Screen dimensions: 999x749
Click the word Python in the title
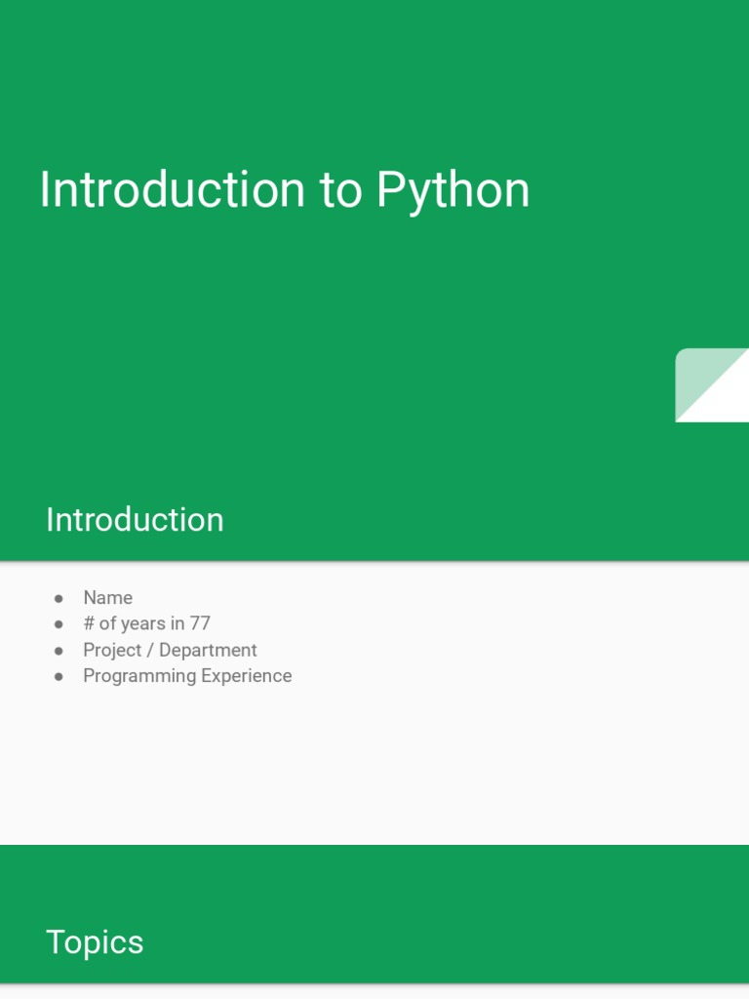click(x=453, y=191)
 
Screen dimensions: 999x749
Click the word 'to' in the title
click(x=340, y=191)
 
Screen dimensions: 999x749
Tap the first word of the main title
click(x=172, y=191)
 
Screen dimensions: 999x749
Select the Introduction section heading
click(x=135, y=520)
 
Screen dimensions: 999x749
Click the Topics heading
click(x=95, y=942)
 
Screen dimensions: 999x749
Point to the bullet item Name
click(x=107, y=598)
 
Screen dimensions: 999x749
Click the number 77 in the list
click(x=200, y=623)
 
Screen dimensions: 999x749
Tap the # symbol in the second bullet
click(x=89, y=623)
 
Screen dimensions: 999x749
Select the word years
click(x=143, y=624)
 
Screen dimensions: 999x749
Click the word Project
click(x=112, y=650)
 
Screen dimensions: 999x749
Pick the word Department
click(x=208, y=650)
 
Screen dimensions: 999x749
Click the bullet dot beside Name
click(x=59, y=598)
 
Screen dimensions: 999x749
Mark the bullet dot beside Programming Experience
click(x=59, y=676)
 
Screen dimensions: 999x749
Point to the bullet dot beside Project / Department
click(x=59, y=650)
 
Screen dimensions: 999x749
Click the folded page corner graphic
click(x=712, y=385)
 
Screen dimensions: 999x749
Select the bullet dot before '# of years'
click(x=59, y=623)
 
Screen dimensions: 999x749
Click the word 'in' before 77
click(x=177, y=623)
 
